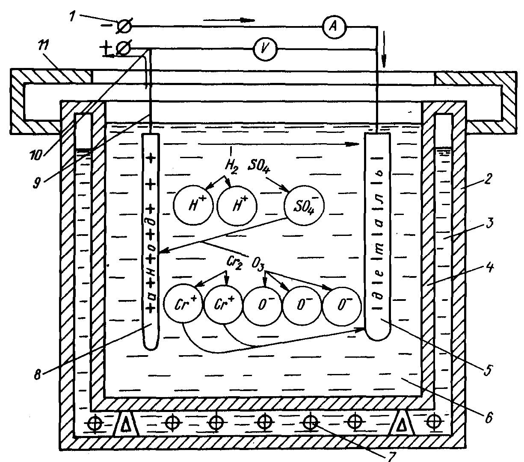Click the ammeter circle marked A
(x=336, y=28)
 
